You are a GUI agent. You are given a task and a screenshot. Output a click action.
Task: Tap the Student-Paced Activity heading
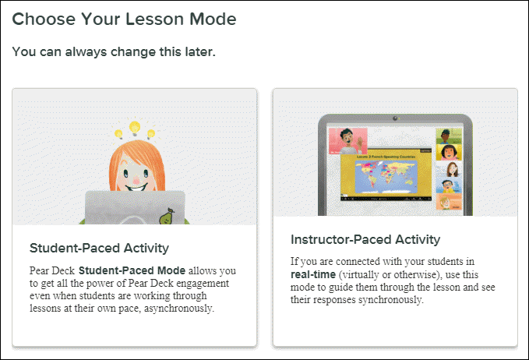click(99, 249)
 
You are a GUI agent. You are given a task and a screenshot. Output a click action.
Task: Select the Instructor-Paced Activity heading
click(365, 239)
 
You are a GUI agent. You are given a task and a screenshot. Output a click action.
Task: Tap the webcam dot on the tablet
click(395, 120)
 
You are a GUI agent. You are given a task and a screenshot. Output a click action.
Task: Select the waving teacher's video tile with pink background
click(348, 142)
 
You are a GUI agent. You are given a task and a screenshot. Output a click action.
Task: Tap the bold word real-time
click(311, 274)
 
